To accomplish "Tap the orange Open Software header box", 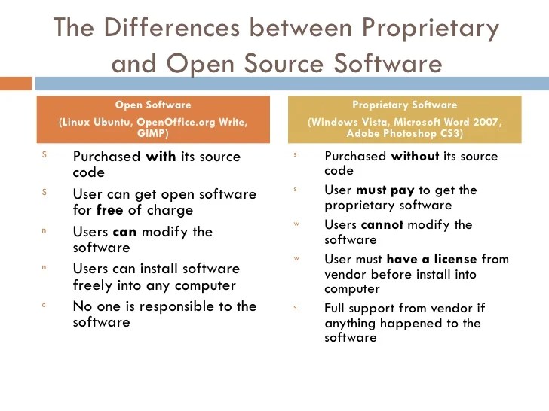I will (152, 118).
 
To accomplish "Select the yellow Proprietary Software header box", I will (405, 118).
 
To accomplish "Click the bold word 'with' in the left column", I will (159, 157).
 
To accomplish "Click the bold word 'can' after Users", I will (124, 232).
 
